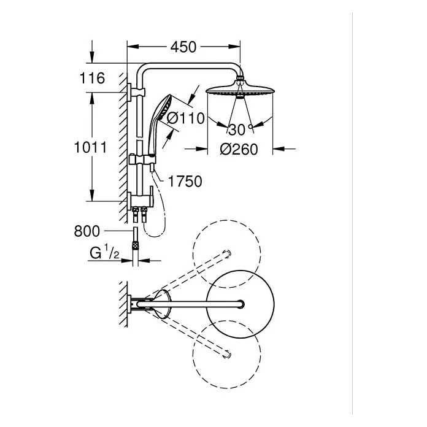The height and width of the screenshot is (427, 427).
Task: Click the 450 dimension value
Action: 183,47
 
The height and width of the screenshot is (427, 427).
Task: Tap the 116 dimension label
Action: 92,78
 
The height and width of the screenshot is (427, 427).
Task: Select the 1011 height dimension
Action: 91,148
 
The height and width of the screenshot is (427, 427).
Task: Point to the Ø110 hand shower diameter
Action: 185,118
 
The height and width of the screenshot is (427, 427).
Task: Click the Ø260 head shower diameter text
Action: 239,149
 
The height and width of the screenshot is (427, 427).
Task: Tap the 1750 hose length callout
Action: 185,182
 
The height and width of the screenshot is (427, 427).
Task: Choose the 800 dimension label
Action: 87,231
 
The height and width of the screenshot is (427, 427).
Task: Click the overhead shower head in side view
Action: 240,90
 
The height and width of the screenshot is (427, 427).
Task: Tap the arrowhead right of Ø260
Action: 279,148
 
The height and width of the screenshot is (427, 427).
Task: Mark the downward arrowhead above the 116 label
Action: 92,58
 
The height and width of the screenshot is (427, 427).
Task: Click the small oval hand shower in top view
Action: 163,304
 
